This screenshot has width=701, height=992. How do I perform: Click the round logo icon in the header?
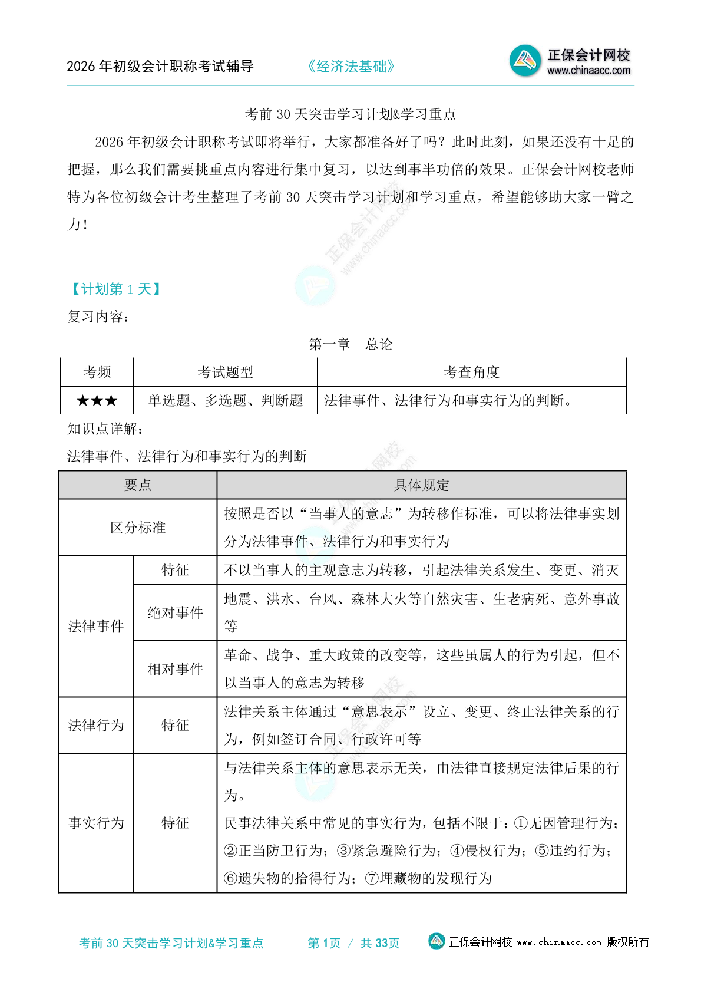click(524, 60)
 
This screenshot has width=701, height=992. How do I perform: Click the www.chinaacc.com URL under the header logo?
click(588, 71)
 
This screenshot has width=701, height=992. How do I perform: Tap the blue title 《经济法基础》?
click(350, 67)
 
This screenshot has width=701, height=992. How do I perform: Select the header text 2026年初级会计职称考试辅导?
click(160, 67)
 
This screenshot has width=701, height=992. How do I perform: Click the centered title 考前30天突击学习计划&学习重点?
click(350, 114)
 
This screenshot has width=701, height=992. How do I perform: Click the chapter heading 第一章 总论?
click(350, 344)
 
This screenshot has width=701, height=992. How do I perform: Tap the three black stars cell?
click(97, 401)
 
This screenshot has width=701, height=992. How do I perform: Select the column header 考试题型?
click(225, 373)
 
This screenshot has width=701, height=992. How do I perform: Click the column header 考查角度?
click(471, 373)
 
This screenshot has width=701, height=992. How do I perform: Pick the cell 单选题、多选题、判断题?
click(225, 401)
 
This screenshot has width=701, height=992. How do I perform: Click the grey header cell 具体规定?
click(421, 485)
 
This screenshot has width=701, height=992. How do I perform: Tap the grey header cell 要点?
click(138, 485)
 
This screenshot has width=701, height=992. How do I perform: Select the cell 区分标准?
click(138, 528)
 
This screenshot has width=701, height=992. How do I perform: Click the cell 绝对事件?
click(175, 613)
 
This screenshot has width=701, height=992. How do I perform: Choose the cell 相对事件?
click(175, 669)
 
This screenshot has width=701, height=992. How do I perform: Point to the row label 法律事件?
click(96, 627)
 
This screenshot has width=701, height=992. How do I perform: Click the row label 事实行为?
click(96, 823)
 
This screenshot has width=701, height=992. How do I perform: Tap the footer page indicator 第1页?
click(324, 943)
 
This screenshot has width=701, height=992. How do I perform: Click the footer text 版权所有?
click(628, 942)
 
